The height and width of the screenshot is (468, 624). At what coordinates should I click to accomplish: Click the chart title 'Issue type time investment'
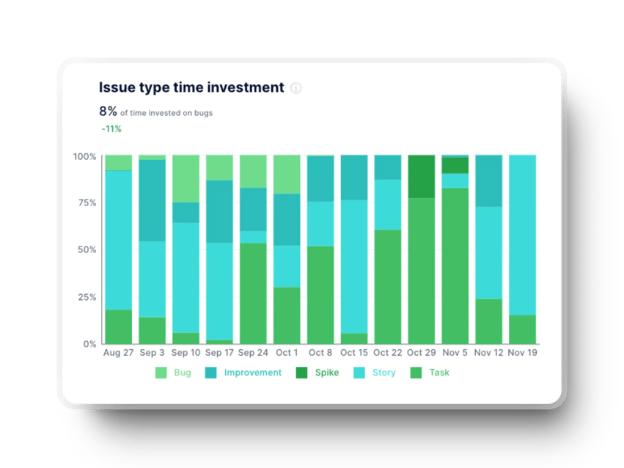pos(191,87)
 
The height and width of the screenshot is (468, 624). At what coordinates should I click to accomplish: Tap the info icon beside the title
pos(296,88)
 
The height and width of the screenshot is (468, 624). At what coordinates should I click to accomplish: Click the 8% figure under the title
pos(108,112)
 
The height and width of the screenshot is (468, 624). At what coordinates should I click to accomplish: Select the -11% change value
pos(111,129)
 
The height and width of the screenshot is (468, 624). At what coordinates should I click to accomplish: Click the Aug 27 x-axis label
pos(117,354)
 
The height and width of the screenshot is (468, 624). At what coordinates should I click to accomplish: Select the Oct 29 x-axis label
pos(421,354)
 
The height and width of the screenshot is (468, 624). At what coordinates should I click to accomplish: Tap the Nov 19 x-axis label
pos(522,354)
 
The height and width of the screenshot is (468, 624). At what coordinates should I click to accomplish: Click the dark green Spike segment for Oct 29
pos(421,176)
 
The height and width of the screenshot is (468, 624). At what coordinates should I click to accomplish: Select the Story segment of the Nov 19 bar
pos(522,235)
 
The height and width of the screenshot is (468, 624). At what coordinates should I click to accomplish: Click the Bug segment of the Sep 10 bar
pos(186,178)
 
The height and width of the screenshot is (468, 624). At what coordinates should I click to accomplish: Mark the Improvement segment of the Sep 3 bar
pos(152,200)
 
